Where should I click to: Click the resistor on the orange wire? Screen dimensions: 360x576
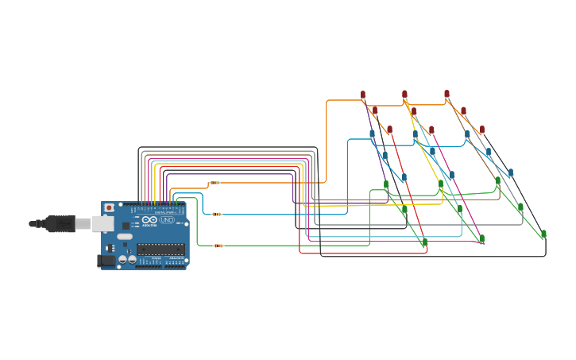coord(215,183)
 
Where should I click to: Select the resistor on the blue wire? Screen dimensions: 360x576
coord(217,214)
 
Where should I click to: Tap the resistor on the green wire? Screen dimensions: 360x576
coord(218,246)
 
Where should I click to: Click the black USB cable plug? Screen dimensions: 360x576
coord(59,224)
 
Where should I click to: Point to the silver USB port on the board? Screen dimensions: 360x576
coord(102,223)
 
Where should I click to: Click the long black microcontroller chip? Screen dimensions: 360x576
coord(160,250)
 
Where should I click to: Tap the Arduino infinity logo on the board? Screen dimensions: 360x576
coord(149,220)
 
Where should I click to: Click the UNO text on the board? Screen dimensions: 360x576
coord(167,220)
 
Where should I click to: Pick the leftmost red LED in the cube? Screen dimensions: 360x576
coord(363,95)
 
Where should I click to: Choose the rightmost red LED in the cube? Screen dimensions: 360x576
coord(481,130)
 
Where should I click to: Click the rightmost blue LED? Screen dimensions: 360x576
coord(511,172)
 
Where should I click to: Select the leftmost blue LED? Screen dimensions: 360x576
coord(372,134)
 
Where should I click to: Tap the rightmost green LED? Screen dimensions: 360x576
coord(543,234)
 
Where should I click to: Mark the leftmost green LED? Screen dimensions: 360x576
coord(386,185)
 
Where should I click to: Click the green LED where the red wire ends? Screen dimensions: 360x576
coord(424,242)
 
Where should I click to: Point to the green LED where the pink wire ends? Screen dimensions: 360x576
coord(481,238)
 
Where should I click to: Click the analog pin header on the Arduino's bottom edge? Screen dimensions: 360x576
coord(175,266)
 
